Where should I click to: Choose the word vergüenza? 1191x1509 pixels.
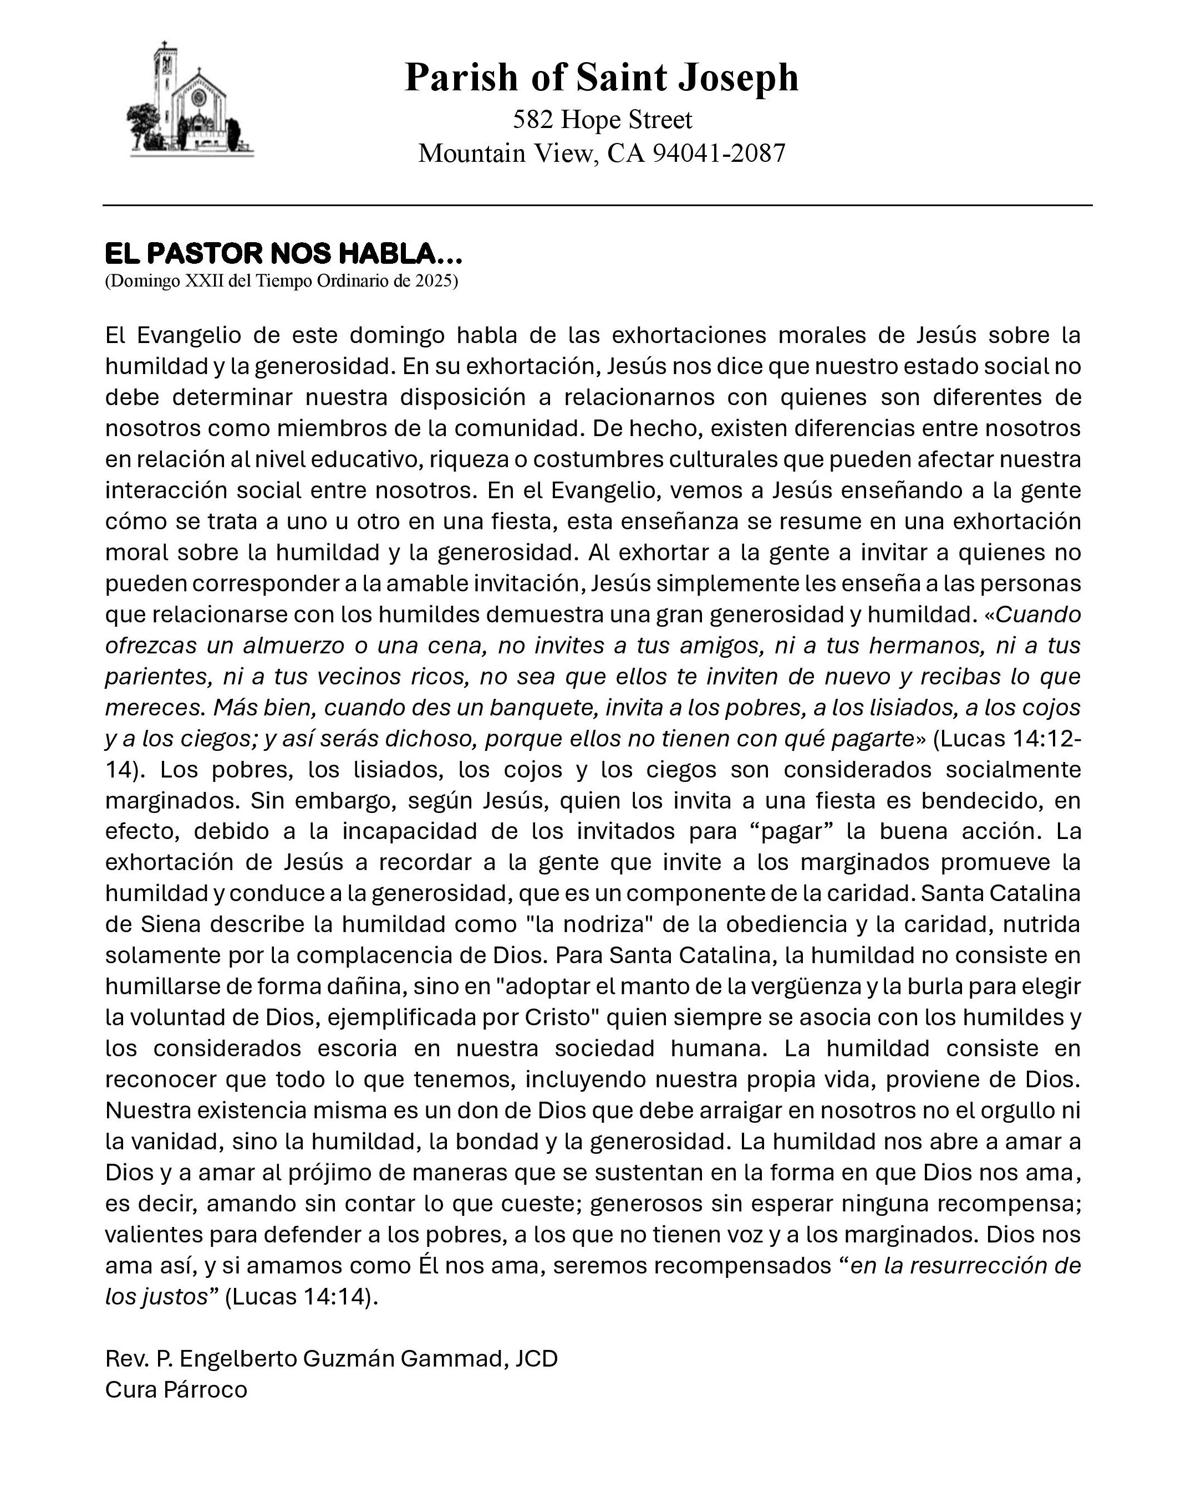pos(745,987)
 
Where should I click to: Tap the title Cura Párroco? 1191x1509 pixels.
pos(176,1390)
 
